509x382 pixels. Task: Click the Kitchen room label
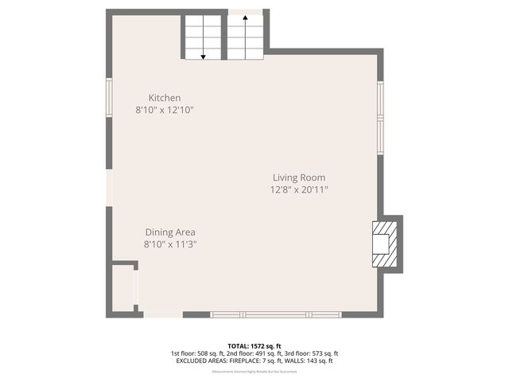(165, 98)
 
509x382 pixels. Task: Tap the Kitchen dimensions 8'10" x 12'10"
(165, 111)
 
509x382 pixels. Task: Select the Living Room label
(299, 177)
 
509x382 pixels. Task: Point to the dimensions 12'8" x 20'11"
(299, 189)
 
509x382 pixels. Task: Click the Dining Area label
(170, 232)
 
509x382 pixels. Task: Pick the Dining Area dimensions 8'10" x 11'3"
(170, 244)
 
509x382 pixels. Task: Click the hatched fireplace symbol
(383, 242)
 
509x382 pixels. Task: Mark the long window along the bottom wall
(276, 315)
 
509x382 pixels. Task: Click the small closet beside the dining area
(124, 287)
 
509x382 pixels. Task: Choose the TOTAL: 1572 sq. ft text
(254, 346)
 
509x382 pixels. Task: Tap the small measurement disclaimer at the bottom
(254, 372)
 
